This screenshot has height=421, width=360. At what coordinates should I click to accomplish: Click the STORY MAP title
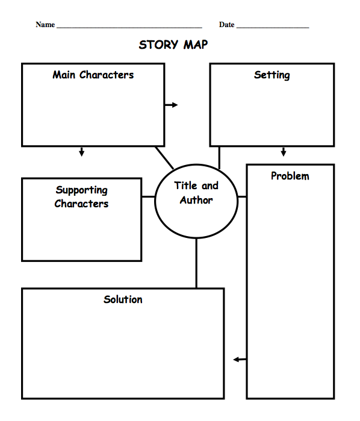coord(173,45)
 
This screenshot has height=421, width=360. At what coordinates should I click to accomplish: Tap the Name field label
coord(45,25)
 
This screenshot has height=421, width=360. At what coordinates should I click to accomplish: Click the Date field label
coord(226,25)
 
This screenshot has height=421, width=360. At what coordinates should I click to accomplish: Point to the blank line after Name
coord(129,27)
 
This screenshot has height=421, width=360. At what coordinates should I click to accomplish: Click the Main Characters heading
coord(93,75)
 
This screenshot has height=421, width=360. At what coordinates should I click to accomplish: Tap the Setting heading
coord(272,75)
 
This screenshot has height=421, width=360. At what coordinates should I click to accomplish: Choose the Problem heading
coord(290,176)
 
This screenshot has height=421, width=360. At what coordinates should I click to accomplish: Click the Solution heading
coord(123,299)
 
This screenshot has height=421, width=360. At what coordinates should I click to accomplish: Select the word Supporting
coord(82,190)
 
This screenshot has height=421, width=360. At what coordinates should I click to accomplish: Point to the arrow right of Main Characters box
coord(172,105)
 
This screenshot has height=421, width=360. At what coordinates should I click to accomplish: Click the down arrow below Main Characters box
coord(81,152)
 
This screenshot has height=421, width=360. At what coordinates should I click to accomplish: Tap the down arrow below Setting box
coord(284,152)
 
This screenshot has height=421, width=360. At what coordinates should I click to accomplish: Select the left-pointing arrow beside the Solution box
coord(240,360)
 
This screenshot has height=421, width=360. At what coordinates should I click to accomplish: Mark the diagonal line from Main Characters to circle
coord(164,158)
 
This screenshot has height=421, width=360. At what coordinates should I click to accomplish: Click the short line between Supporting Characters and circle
coord(148,197)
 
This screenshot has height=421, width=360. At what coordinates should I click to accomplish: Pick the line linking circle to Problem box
coord(242,197)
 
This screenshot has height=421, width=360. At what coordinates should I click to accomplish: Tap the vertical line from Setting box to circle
coord(219,158)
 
